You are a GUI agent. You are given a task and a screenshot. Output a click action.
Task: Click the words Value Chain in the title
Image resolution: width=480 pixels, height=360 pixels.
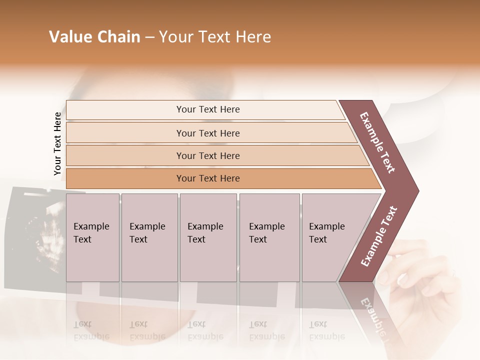(94, 37)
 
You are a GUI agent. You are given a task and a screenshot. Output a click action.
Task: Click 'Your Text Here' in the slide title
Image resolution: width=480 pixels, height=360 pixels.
(215, 37)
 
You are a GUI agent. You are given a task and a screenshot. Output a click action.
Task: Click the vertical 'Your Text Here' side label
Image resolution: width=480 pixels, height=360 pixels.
(57, 144)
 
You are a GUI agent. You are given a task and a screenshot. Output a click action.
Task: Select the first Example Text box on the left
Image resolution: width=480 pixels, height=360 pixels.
(92, 237)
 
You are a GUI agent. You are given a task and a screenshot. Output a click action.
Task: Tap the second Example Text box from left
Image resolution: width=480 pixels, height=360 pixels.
(149, 237)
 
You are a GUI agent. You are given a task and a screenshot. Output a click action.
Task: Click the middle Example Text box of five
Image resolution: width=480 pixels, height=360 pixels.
(208, 237)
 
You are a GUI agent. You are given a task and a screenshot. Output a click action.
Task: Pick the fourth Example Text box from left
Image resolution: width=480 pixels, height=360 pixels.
(269, 237)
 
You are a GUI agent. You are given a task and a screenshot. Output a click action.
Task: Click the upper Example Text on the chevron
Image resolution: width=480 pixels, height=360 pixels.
(378, 142)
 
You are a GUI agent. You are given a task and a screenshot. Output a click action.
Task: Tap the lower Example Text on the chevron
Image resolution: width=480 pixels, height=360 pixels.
(379, 236)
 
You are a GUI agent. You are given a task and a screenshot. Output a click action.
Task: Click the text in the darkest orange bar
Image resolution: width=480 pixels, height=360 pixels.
(208, 178)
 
